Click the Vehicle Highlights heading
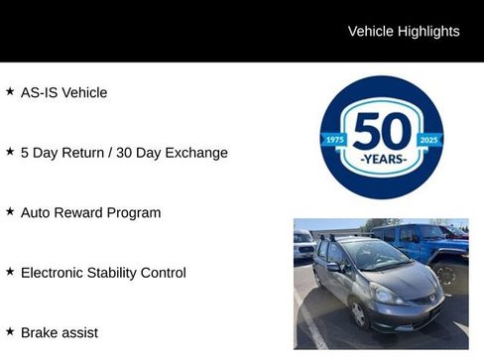click(404, 32)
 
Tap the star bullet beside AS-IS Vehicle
click(10, 91)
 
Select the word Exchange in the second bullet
click(196, 153)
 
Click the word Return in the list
click(83, 153)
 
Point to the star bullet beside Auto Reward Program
click(10, 211)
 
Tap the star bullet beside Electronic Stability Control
click(10, 271)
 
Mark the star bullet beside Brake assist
click(10, 331)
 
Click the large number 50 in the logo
click(382, 131)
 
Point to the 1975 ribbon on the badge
click(334, 140)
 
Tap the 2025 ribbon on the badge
click(429, 140)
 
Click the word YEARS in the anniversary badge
click(384, 160)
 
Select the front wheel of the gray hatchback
click(358, 313)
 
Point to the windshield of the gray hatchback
click(375, 254)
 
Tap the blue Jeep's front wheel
click(446, 275)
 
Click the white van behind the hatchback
click(304, 244)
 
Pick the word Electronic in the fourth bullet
click(52, 273)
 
